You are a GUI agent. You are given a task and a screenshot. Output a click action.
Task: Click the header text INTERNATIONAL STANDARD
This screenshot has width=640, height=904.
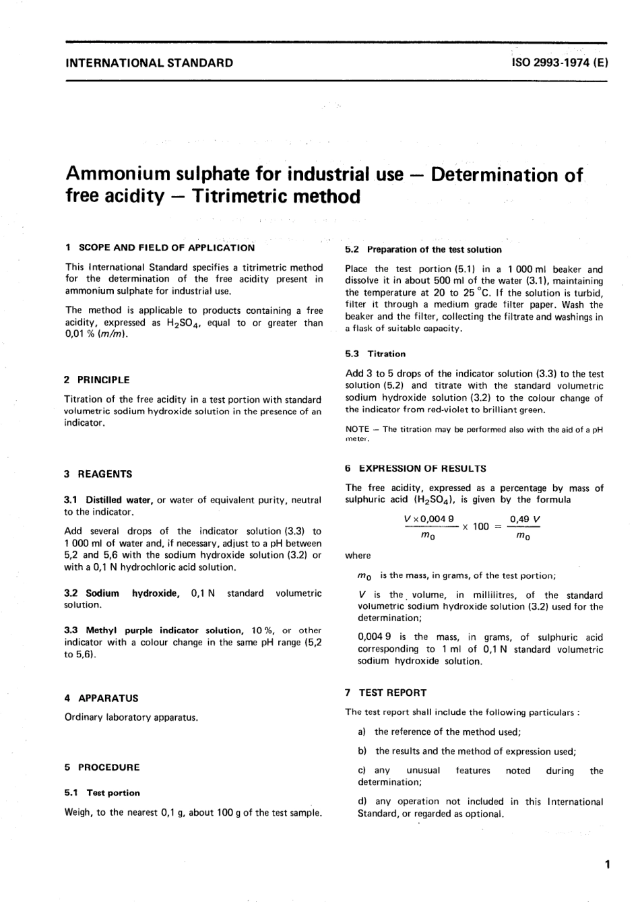[x=149, y=63]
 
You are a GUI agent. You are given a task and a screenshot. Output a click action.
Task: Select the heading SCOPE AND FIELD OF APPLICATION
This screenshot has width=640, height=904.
[x=166, y=247]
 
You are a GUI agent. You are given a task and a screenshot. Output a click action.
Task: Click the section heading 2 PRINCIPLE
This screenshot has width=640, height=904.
[x=97, y=380]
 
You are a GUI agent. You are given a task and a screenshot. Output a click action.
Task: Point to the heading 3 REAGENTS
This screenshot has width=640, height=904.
[x=98, y=474]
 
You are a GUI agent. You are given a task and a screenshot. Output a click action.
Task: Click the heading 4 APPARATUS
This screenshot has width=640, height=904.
[x=102, y=699]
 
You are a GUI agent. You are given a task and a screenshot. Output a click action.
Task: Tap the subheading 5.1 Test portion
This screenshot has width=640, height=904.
[x=102, y=793]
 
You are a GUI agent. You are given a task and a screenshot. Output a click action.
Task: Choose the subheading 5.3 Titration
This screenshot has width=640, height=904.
[x=375, y=354]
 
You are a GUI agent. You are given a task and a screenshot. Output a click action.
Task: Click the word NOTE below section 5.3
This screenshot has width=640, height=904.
[x=357, y=430]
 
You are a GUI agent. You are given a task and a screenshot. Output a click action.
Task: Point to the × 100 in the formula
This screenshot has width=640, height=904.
[x=475, y=527]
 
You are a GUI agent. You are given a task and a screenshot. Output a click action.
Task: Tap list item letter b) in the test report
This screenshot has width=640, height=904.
[x=362, y=751]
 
